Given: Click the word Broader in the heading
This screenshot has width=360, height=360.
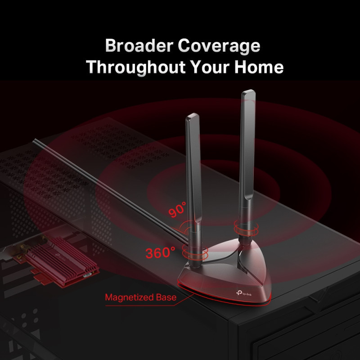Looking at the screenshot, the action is (x=139, y=45).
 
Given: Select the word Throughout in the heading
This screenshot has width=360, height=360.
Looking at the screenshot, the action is (x=136, y=67).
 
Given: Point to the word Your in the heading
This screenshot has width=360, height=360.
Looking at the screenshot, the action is (x=210, y=67).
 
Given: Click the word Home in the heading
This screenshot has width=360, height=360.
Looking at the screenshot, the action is (x=259, y=67).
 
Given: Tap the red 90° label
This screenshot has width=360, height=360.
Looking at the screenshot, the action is (x=177, y=209).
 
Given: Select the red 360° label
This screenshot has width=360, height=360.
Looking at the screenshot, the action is (x=160, y=252).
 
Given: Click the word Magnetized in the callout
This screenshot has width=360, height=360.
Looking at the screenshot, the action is (x=129, y=297).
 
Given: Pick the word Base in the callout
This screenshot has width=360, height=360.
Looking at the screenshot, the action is (x=166, y=297).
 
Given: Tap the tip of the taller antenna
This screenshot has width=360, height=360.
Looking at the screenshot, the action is (x=249, y=91).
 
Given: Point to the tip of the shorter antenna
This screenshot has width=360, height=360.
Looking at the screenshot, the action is (x=193, y=114).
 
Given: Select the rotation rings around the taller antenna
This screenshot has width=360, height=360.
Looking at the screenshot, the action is (x=246, y=228).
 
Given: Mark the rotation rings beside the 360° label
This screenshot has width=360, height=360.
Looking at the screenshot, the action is (x=195, y=252).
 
